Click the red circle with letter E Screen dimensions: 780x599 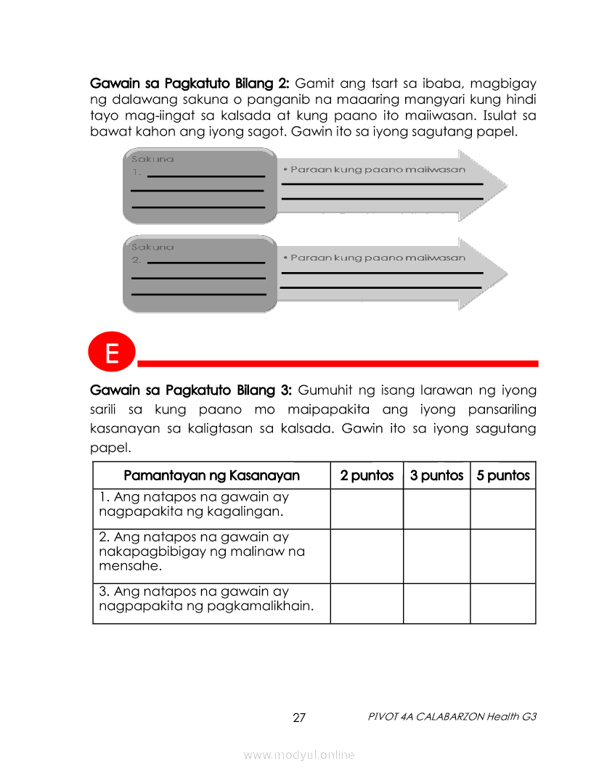pos(112,354)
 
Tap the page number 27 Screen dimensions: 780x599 pos(299,718)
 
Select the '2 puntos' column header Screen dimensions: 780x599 pos(367,476)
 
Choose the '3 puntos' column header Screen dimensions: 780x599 pos(436,476)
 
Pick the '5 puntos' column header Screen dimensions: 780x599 pos(503,476)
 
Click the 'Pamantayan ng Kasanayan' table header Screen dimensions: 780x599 pos(211,476)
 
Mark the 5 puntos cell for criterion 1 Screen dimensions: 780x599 pos(503,509)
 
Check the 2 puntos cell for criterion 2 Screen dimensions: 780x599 pos(367,556)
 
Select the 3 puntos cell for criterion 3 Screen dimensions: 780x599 pos(436,603)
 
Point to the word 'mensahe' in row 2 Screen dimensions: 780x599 pos(123,566)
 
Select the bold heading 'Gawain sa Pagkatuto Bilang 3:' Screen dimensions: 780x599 pos(190,390)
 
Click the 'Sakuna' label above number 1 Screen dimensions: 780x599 pos(152,159)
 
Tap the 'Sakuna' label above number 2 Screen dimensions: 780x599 pos(152,247)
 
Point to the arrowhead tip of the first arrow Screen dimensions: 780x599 pos(505,186)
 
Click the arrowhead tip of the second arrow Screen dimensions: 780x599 pos(505,274)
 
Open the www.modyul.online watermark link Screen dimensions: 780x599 pos(299,755)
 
